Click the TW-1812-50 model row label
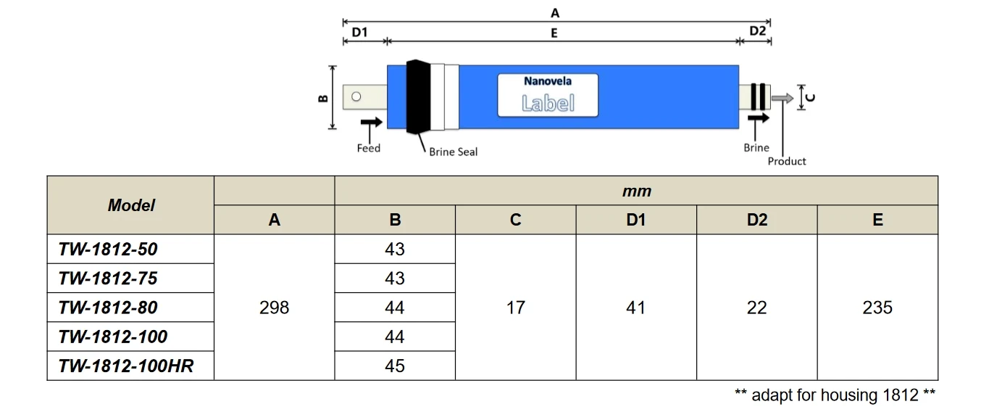(x=108, y=250)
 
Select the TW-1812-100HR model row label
(x=126, y=366)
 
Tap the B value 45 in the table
(x=395, y=366)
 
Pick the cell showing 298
(x=274, y=308)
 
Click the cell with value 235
(x=877, y=308)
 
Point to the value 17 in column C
(x=515, y=308)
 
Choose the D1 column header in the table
(x=635, y=220)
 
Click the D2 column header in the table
(x=756, y=220)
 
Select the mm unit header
(x=636, y=191)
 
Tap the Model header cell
(x=131, y=205)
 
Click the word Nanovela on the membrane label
(x=548, y=81)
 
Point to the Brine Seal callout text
(x=453, y=152)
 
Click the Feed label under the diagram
(x=368, y=149)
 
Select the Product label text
(x=787, y=161)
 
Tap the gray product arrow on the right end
(x=783, y=98)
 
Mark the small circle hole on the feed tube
(x=356, y=96)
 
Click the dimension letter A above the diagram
(x=556, y=13)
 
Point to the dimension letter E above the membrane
(x=554, y=33)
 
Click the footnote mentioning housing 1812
(x=835, y=395)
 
